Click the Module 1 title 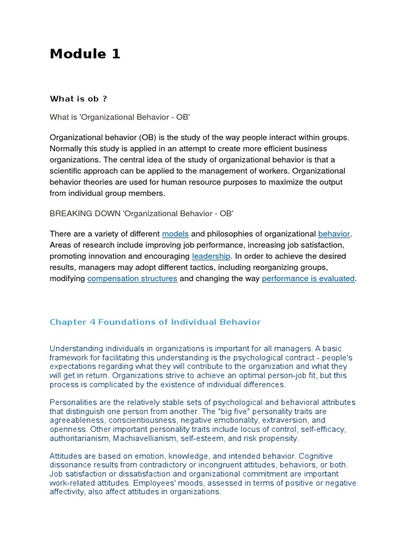pos(85,54)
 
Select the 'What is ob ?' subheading pos(78,99)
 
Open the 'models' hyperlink pos(175,234)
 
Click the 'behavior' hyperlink pos(334,234)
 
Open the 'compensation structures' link pos(132,278)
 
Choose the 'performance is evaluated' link pos(308,278)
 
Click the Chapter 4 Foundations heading pos(155,322)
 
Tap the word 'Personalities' pos(73,402)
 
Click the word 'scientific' pos(67,171)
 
